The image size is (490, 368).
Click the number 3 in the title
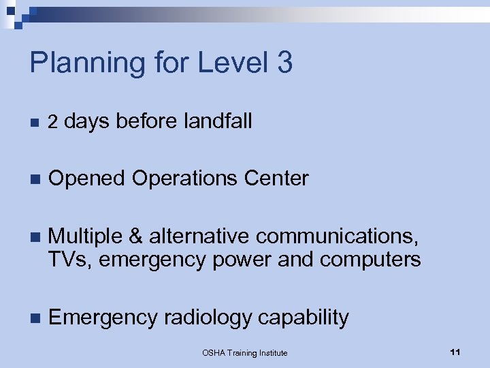284,62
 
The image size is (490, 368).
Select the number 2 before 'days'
53,122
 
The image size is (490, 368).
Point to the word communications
338,236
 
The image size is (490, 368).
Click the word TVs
66,259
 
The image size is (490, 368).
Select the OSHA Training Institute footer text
245,352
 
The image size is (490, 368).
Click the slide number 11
455,352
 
